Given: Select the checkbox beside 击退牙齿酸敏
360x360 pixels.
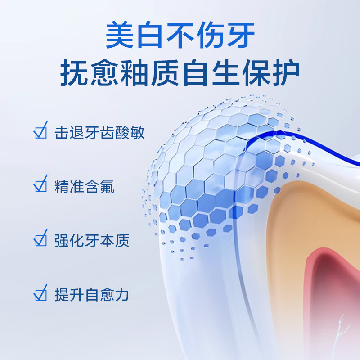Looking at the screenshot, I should click(40, 132).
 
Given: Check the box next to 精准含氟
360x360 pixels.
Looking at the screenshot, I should click(40, 185).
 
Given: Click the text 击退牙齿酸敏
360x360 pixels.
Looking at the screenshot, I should click(99, 133).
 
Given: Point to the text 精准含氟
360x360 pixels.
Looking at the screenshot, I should click(84, 186).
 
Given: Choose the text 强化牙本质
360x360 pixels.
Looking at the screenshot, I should click(92, 240).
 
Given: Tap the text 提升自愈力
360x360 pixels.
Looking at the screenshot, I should click(92, 295).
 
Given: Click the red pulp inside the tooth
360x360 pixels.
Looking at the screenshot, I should click(333, 288).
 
